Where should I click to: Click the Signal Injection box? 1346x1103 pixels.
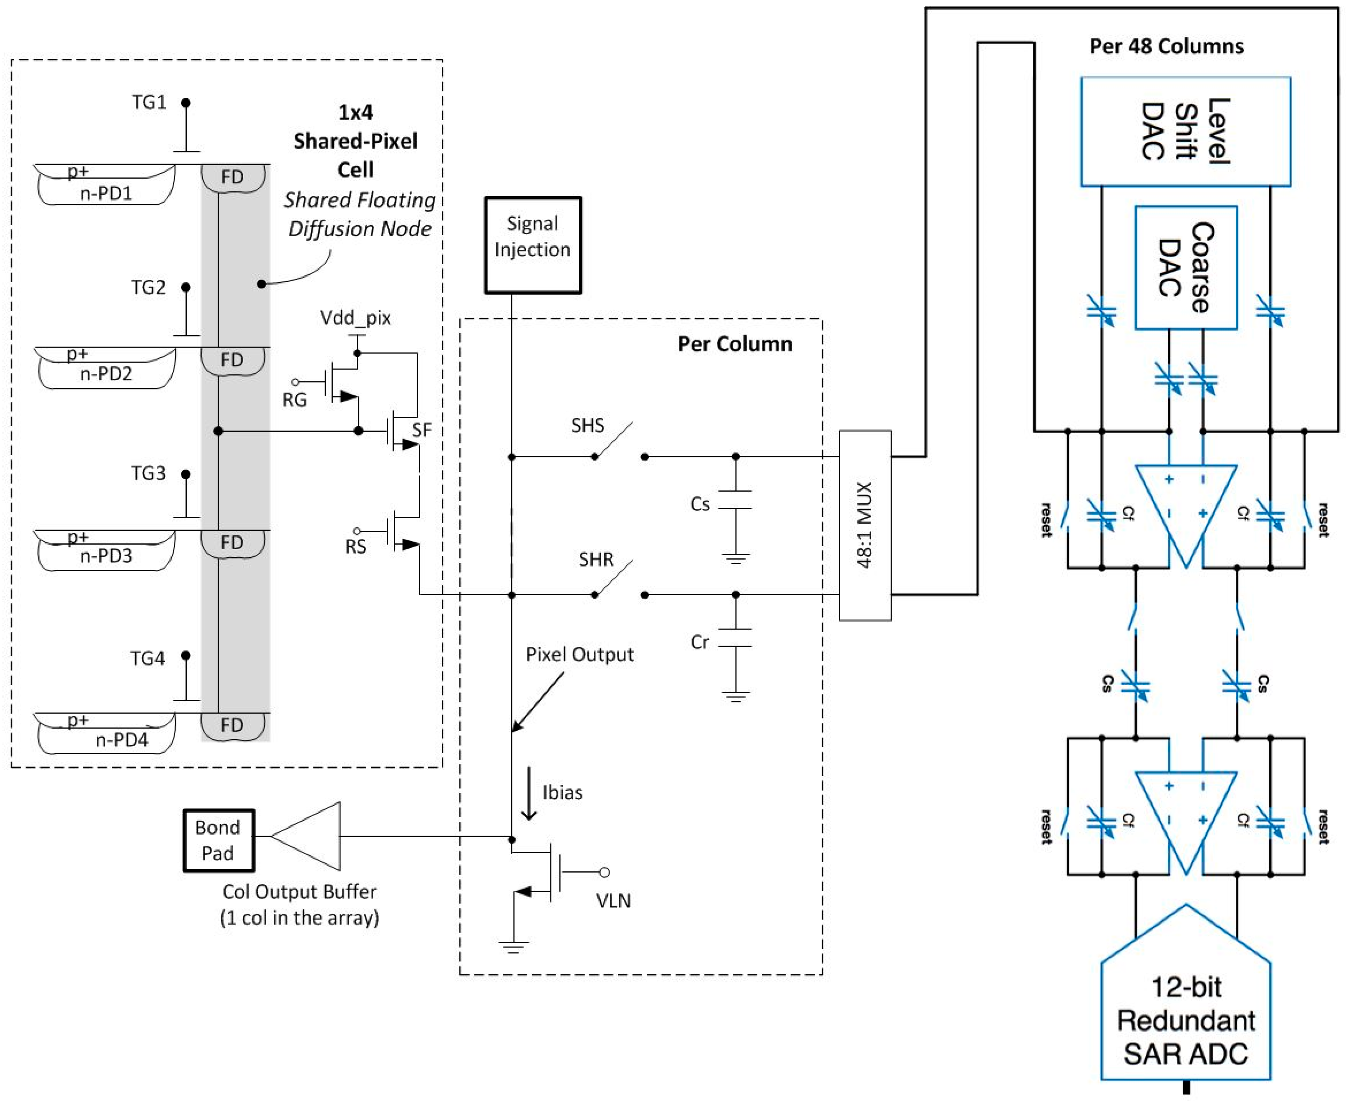click(532, 245)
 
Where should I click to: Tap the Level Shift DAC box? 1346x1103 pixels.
click(1185, 131)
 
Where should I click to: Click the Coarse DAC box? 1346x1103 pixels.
click(1185, 267)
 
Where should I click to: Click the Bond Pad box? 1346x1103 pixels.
click(218, 840)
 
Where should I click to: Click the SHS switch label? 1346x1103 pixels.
click(587, 425)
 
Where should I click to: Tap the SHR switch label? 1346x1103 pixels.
click(595, 559)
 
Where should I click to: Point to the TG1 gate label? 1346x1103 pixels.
click(149, 102)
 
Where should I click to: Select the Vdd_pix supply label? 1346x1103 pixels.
click(355, 317)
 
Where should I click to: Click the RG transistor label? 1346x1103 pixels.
click(294, 400)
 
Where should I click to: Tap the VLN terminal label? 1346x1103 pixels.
click(613, 900)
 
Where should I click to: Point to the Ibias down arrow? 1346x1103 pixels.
click(529, 793)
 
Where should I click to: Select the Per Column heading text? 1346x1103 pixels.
click(734, 344)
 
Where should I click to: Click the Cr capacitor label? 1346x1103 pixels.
click(699, 642)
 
